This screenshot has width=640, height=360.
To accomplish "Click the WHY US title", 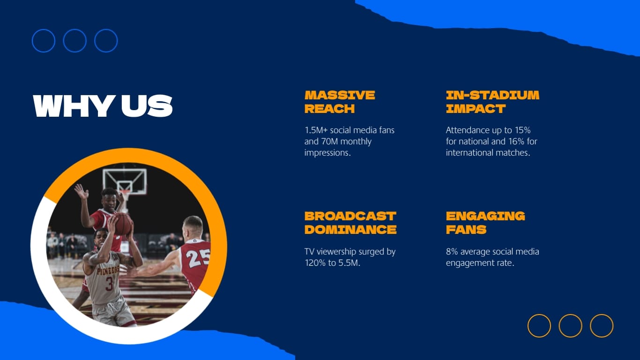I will tap(103, 106).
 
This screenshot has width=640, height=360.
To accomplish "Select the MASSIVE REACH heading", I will tap(340, 102).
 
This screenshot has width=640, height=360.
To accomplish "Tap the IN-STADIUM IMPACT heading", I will tap(492, 102).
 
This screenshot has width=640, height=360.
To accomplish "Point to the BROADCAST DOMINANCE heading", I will tap(350, 223).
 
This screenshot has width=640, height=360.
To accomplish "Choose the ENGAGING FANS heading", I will tap(485, 223).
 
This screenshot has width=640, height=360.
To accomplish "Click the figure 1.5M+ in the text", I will tap(315, 130).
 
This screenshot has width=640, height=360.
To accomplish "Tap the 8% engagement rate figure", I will tap(452, 252).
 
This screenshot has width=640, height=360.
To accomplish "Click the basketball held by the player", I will tap(123, 224).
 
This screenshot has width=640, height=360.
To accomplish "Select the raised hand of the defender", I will tap(81, 191).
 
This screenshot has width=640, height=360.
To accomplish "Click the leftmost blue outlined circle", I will tap(44, 41).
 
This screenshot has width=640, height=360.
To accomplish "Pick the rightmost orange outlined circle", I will tap(602, 326).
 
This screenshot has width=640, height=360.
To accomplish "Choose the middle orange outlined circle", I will tap(570, 326).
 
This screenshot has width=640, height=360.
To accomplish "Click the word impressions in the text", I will tap(327, 153).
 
